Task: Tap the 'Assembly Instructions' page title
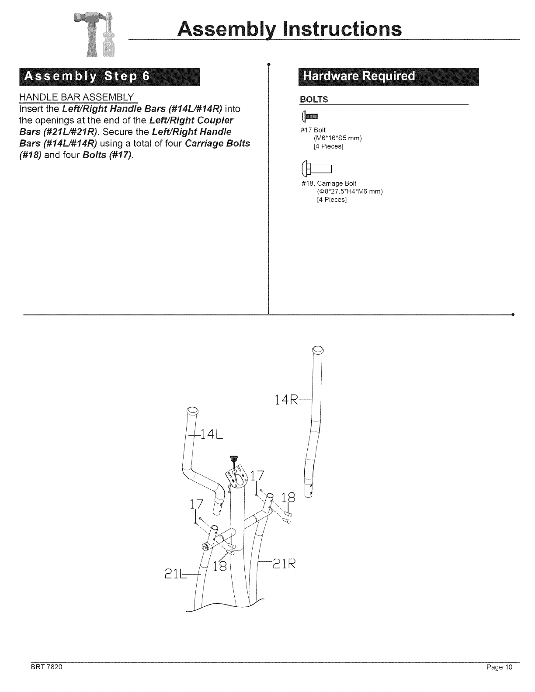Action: pyautogui.click(x=289, y=29)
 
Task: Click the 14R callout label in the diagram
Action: pyautogui.click(x=287, y=399)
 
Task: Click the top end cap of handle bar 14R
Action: pyautogui.click(x=318, y=350)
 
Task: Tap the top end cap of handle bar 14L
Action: pyautogui.click(x=192, y=411)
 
